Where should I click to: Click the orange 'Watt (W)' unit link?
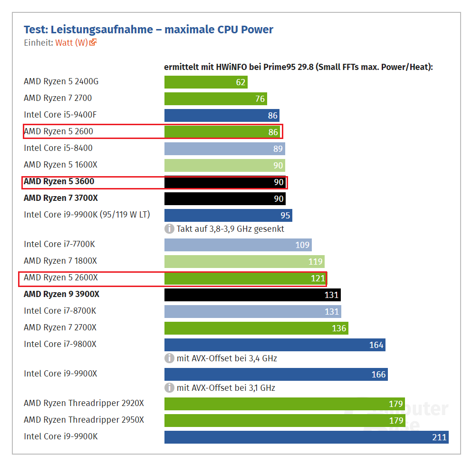point(71,42)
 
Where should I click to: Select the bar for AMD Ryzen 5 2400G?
point(206,82)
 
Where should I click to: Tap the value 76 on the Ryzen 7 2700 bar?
point(260,99)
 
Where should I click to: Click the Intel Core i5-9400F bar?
point(222,115)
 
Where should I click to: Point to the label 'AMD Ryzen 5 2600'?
point(58,131)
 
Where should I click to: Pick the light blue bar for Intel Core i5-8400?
point(224,149)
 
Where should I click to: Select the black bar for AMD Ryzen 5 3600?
point(225,182)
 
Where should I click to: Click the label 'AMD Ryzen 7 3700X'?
point(61,198)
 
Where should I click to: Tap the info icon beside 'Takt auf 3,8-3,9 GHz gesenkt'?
point(169,228)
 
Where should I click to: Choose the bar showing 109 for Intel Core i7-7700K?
point(238,245)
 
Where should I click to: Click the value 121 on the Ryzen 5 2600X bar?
point(318,278)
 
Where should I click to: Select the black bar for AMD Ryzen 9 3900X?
point(252,295)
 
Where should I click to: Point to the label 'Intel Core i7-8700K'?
point(60,311)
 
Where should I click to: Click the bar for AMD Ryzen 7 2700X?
point(256,327)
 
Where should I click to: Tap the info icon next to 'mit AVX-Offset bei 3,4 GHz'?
point(169,358)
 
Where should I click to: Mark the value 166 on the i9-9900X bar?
point(378,375)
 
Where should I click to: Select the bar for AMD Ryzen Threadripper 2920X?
point(284,404)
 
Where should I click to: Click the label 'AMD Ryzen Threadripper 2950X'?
point(84,420)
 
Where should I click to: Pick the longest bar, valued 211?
point(306,436)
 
